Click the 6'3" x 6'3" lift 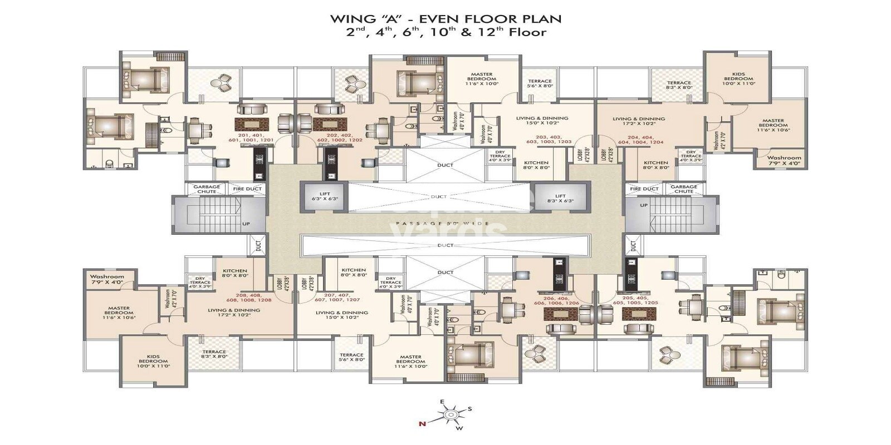click(x=324, y=196)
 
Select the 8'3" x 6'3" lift click(x=560, y=198)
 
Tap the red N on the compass click(x=422, y=424)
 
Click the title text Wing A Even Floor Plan click(x=445, y=19)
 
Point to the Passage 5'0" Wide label click(x=443, y=224)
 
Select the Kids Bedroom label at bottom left click(x=153, y=361)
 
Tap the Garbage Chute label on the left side click(x=207, y=189)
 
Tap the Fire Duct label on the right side click(x=644, y=189)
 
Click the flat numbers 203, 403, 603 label click(x=549, y=139)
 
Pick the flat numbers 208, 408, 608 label click(x=253, y=298)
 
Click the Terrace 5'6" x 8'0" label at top click(x=540, y=83)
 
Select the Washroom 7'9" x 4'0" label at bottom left click(x=107, y=279)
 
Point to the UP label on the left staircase click(x=246, y=224)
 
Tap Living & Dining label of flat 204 click(x=639, y=121)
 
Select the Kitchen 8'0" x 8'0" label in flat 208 click(x=234, y=273)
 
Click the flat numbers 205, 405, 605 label click(x=640, y=300)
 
